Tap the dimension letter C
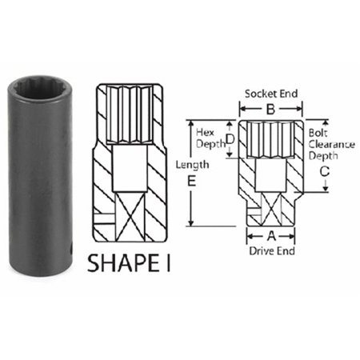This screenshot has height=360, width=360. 325,170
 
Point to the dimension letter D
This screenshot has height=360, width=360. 230,139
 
